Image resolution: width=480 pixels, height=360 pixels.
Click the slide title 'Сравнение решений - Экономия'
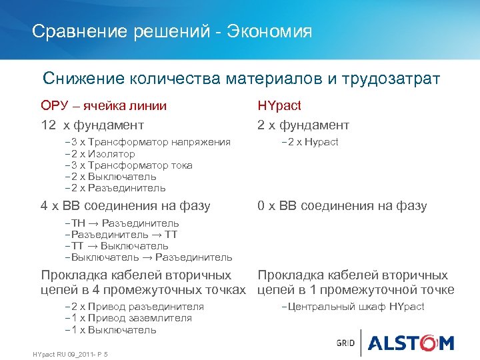tap(172, 31)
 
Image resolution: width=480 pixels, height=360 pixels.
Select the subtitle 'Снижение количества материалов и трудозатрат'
tap(241, 79)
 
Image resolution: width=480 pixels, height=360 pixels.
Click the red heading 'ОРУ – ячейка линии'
tap(103, 105)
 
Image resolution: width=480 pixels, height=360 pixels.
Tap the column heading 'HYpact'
tap(279, 105)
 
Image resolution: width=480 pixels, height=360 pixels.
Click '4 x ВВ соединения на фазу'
tap(125, 206)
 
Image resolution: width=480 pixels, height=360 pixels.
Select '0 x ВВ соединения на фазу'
tap(342, 206)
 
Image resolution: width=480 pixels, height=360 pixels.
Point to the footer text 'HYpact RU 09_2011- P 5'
tap(70, 353)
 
